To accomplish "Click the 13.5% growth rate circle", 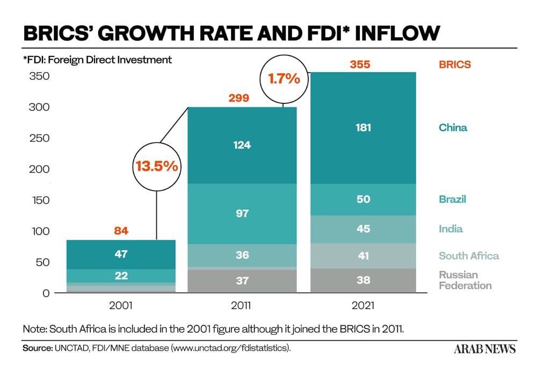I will click(156, 166).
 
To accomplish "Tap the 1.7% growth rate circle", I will click(284, 79).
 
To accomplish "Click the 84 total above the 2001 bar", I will click(121, 231).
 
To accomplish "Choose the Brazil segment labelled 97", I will click(242, 214).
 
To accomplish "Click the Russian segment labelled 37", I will click(242, 280).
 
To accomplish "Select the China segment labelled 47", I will click(121, 254).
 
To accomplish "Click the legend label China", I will click(453, 128).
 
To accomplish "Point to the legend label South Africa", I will click(468, 256).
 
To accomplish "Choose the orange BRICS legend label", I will click(454, 65).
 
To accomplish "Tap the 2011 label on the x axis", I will click(242, 306).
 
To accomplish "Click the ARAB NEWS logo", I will click(484, 349).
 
